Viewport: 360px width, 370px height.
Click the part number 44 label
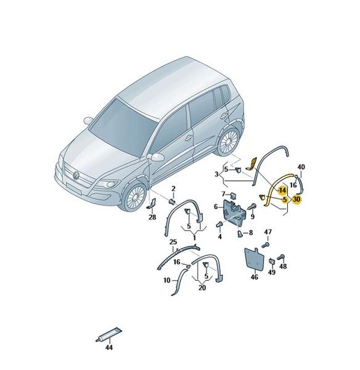[x=108, y=347]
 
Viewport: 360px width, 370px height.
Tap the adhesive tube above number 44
[x=109, y=334]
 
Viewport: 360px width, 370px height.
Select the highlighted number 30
[x=297, y=199]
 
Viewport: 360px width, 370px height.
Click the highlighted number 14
[x=282, y=190]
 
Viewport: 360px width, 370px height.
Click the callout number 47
[x=268, y=232]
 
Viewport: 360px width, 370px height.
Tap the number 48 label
[x=283, y=266]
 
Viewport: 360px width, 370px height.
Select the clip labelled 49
[x=271, y=261]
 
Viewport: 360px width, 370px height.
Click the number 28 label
[x=152, y=217]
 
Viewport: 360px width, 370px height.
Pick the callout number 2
[x=173, y=189]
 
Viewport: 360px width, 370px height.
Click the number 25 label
[x=173, y=242]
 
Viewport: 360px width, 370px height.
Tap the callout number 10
[x=167, y=280]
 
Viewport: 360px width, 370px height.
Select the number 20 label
[x=202, y=287]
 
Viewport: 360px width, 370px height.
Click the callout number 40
[x=301, y=167]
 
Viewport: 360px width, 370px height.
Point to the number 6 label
[x=216, y=207]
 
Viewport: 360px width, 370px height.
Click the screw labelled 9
[x=252, y=207]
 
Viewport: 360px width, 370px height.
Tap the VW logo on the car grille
[x=76, y=175]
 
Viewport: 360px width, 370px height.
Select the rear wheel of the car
[x=228, y=142]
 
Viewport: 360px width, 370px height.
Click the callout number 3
[x=216, y=175]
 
